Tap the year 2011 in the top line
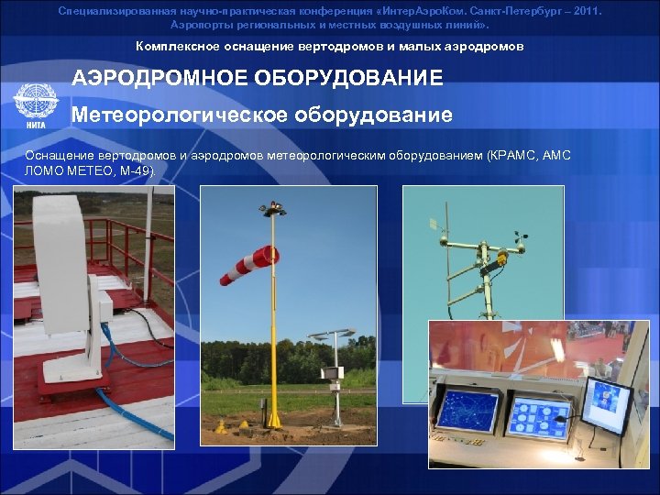tap(585, 11)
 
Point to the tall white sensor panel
tap(60, 266)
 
